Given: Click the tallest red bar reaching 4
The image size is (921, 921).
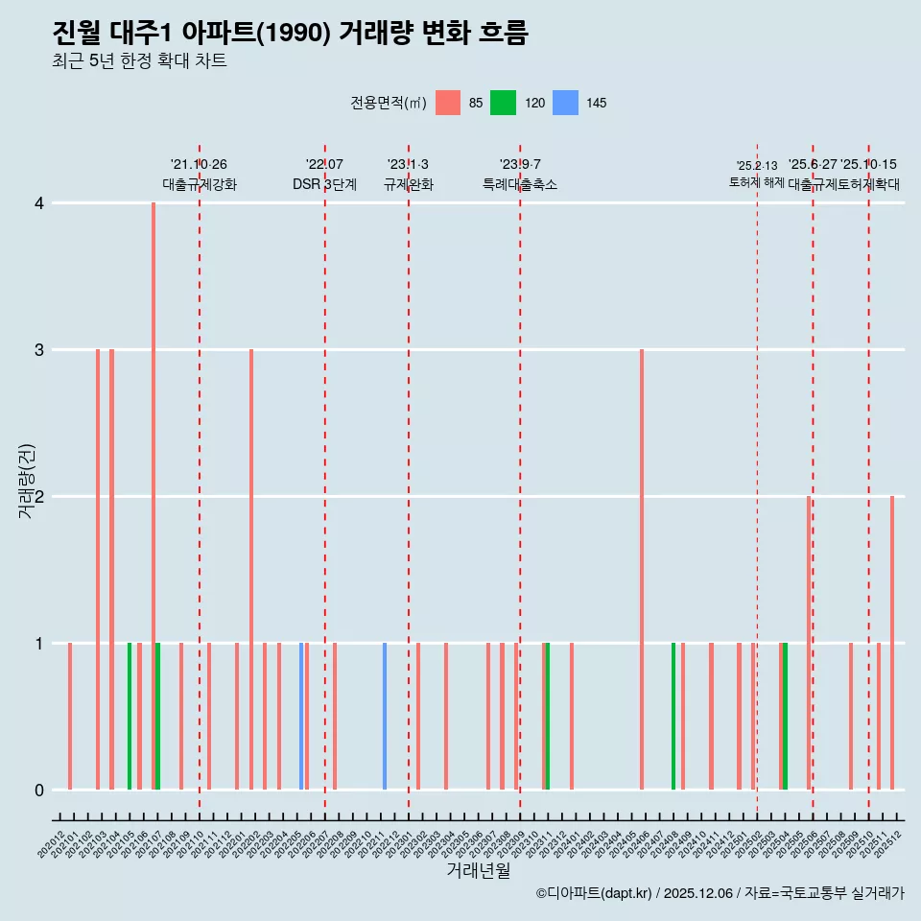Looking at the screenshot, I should click(153, 480).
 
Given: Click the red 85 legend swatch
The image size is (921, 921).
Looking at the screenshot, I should click(448, 103).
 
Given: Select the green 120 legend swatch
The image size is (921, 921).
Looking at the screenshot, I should click(503, 103).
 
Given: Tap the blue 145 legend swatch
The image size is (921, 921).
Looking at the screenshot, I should click(566, 103).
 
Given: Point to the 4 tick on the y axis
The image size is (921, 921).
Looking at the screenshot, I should click(38, 203).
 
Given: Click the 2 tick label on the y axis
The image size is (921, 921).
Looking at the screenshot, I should click(38, 497).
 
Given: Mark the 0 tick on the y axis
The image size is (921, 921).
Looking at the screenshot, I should click(38, 791).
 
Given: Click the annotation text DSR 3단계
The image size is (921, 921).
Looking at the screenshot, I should click(324, 184).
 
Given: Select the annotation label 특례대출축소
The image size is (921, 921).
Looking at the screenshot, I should click(519, 184).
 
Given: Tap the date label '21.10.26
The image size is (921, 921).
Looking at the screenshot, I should click(199, 165).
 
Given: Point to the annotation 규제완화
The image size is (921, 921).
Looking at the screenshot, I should click(408, 184).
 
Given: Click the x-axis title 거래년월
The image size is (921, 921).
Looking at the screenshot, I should click(478, 870).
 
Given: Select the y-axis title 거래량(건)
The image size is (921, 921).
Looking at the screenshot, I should click(26, 480).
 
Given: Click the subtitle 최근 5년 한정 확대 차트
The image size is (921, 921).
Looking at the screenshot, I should click(139, 61).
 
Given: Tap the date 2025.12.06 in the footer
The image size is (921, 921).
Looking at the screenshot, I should click(697, 894).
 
